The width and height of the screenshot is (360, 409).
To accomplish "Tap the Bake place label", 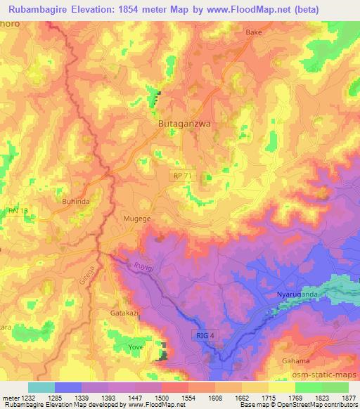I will [x=253, y=32].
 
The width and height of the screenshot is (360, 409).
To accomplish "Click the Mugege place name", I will [x=137, y=219].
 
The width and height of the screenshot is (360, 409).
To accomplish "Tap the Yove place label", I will [x=136, y=347].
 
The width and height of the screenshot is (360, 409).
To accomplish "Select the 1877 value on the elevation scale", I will [x=347, y=398].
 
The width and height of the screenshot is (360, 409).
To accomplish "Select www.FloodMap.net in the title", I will [x=245, y=8].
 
